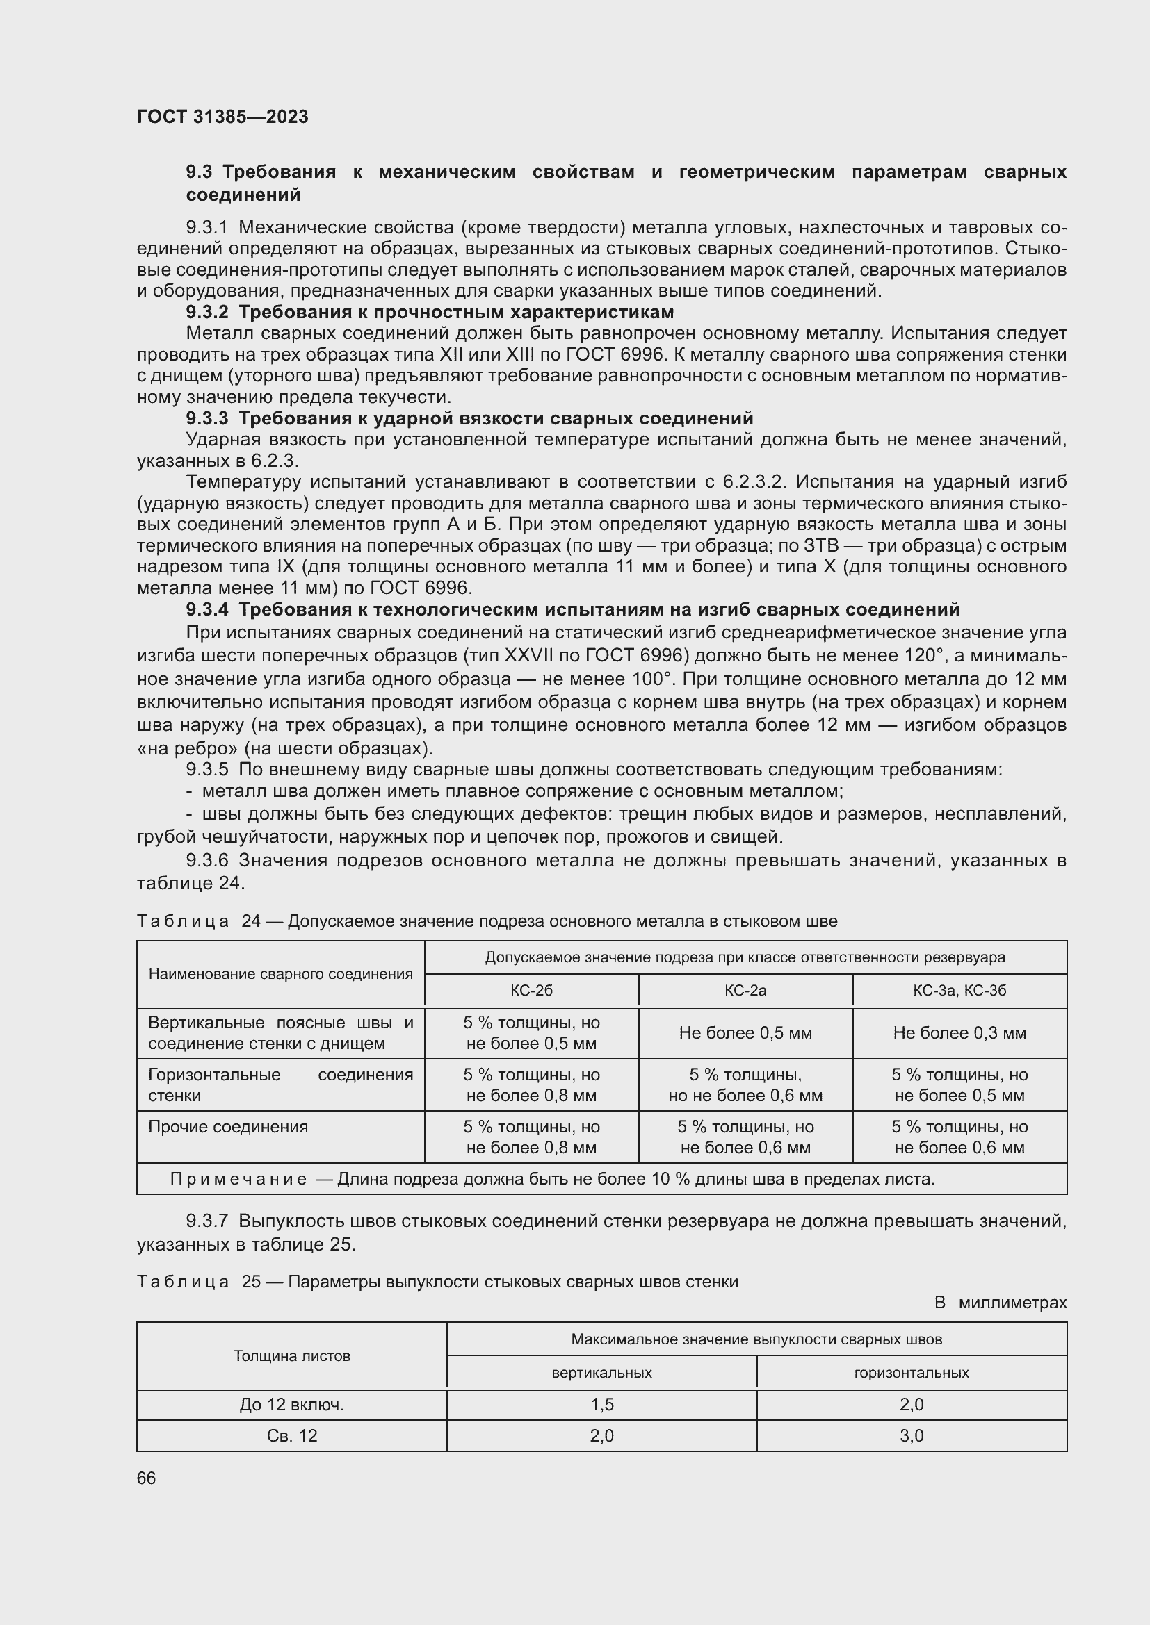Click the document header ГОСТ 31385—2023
click(x=222, y=117)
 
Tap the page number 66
click(x=147, y=1478)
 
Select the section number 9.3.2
click(x=206, y=312)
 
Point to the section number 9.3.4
click(x=206, y=609)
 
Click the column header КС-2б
click(x=531, y=990)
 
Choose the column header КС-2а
click(x=745, y=990)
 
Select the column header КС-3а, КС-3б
click(x=959, y=990)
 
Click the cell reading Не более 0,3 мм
click(x=959, y=1032)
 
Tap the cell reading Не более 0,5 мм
click(x=745, y=1032)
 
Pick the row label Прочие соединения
click(x=228, y=1127)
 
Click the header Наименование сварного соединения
click(x=280, y=974)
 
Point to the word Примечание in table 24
click(x=238, y=1179)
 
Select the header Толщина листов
click(x=292, y=1356)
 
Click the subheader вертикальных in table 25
click(x=601, y=1373)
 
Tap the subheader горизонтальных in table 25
click(x=911, y=1373)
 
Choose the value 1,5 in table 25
click(x=601, y=1405)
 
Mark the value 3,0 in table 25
click(x=911, y=1436)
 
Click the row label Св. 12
click(x=292, y=1436)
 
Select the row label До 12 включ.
click(x=292, y=1405)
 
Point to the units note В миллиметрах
click(x=999, y=1302)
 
